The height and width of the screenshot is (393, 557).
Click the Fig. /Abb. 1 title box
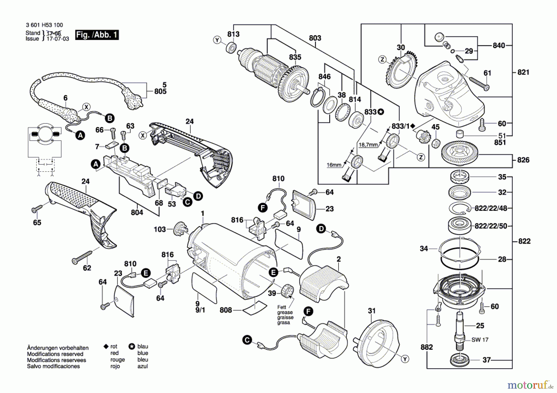pyautogui.click(x=97, y=35)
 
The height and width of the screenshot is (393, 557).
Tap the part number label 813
pyautogui.click(x=233, y=34)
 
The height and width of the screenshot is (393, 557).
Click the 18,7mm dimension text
pyautogui.click(x=368, y=145)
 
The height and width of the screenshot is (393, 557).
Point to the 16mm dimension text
pyautogui.click(x=334, y=165)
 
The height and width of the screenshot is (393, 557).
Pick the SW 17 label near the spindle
pyautogui.click(x=480, y=340)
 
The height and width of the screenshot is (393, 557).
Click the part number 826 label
pyautogui.click(x=523, y=160)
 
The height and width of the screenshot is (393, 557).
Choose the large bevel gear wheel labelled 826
pyautogui.click(x=460, y=154)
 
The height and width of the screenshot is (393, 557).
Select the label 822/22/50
pyautogui.click(x=491, y=226)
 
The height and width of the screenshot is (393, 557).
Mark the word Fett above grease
pyautogui.click(x=282, y=307)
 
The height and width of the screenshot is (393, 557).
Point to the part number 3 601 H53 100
pyautogui.click(x=44, y=25)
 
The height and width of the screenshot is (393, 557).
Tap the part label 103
pyautogui.click(x=160, y=229)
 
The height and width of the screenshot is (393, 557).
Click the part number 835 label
pyautogui.click(x=295, y=57)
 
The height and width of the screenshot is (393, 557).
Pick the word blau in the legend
pyautogui.click(x=143, y=346)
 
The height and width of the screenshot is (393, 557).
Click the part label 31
pyautogui.click(x=372, y=311)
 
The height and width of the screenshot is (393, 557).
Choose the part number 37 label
pyautogui.click(x=486, y=360)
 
